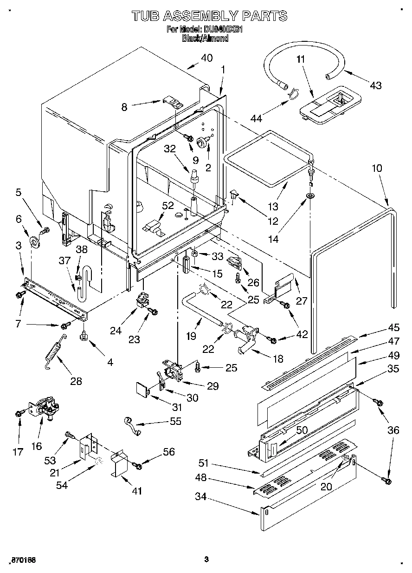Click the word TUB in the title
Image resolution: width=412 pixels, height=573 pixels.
pos(146,16)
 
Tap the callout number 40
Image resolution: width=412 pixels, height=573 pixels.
pos(206,58)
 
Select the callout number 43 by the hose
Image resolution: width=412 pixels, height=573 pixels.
pos(376,85)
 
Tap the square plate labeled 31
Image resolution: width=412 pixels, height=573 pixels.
pos(142,388)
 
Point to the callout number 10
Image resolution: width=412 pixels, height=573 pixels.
pos(377,168)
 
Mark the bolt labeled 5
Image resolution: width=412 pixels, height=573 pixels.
pos(45,229)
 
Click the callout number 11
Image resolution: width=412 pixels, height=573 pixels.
pos(301,59)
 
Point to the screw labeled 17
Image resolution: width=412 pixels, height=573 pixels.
pos(19,412)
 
